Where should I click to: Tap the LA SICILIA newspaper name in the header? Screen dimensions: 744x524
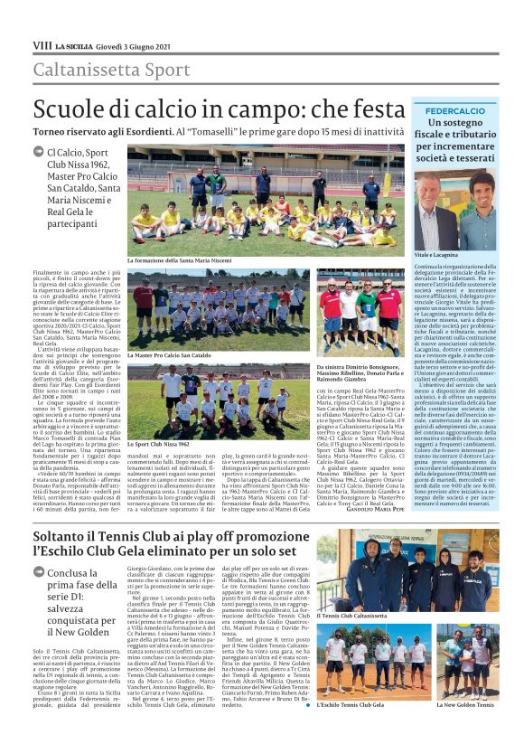point(72,44)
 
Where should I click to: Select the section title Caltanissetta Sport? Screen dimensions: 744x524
point(112,70)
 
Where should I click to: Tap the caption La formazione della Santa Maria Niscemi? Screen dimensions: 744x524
point(184,260)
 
